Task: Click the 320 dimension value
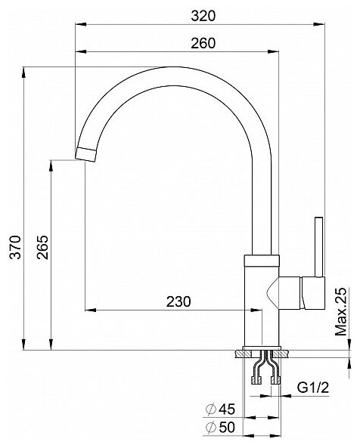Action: (203, 16)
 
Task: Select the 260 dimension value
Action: (203, 43)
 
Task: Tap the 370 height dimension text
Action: (15, 247)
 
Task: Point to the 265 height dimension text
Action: (42, 247)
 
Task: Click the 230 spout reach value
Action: (178, 301)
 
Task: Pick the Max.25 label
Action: (340, 312)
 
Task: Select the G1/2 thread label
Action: (313, 388)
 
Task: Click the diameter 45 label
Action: (220, 409)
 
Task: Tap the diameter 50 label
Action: (220, 428)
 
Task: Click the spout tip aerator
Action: (85, 155)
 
